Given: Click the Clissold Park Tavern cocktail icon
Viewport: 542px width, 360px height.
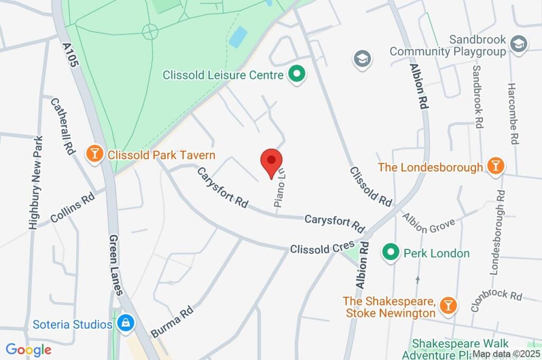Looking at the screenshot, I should pyautogui.click(x=95, y=155).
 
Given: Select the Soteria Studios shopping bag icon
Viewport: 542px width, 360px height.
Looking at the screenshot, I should pyautogui.click(x=126, y=323).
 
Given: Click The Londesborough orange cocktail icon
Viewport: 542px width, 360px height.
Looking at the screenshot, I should pyautogui.click(x=495, y=166).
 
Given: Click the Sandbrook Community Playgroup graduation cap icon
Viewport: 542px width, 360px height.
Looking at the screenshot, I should pyautogui.click(x=517, y=44).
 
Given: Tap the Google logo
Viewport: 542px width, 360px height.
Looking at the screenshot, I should pyautogui.click(x=29, y=349).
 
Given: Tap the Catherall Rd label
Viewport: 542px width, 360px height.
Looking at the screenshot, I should pyautogui.click(x=62, y=125).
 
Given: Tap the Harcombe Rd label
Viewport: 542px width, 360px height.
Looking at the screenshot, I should pyautogui.click(x=512, y=113).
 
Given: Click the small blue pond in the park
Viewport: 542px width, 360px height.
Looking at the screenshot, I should pyautogui.click(x=238, y=37).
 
